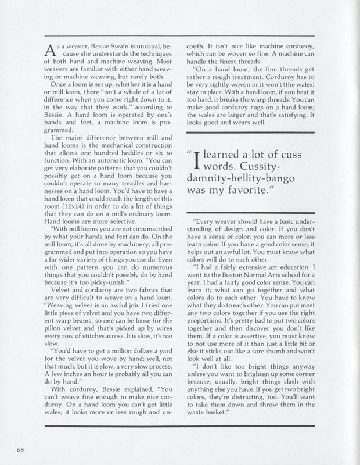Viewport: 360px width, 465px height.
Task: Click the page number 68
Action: point(21,449)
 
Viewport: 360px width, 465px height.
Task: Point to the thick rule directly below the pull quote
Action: point(256,205)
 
